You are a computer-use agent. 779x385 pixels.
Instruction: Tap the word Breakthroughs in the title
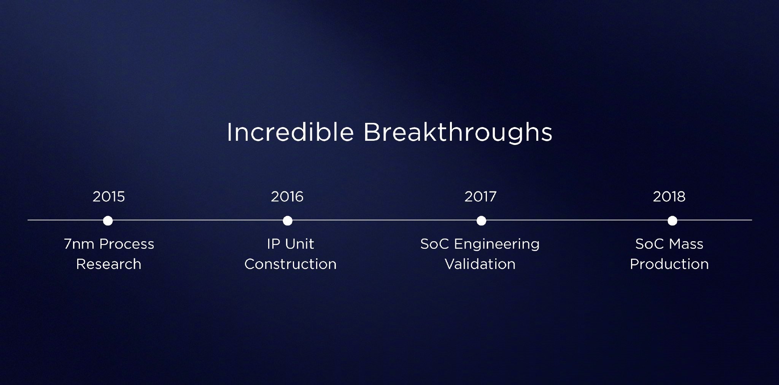(x=458, y=132)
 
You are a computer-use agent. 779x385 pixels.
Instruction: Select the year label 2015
(x=109, y=197)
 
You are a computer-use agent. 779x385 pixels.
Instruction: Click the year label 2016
(x=287, y=197)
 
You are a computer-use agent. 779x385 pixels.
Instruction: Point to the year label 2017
(x=480, y=197)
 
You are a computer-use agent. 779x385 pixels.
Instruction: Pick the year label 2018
(x=669, y=197)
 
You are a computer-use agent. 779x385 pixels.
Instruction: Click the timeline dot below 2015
(x=108, y=221)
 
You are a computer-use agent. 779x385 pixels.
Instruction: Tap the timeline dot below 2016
(x=288, y=221)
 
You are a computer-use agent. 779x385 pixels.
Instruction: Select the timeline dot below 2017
(x=481, y=221)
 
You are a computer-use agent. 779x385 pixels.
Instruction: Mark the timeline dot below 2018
(x=672, y=221)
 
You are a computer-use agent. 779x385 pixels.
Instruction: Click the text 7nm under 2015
(x=79, y=244)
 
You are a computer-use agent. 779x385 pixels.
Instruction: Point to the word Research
(x=109, y=264)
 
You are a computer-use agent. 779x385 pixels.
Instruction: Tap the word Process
(x=127, y=244)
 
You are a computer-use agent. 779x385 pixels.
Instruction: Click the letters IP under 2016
(x=273, y=244)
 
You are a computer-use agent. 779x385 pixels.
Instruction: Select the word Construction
(x=291, y=264)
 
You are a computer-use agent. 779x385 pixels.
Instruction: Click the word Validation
(x=480, y=264)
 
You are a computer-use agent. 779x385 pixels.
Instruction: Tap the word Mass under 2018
(x=686, y=244)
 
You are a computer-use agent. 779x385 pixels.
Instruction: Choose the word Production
(x=669, y=264)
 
